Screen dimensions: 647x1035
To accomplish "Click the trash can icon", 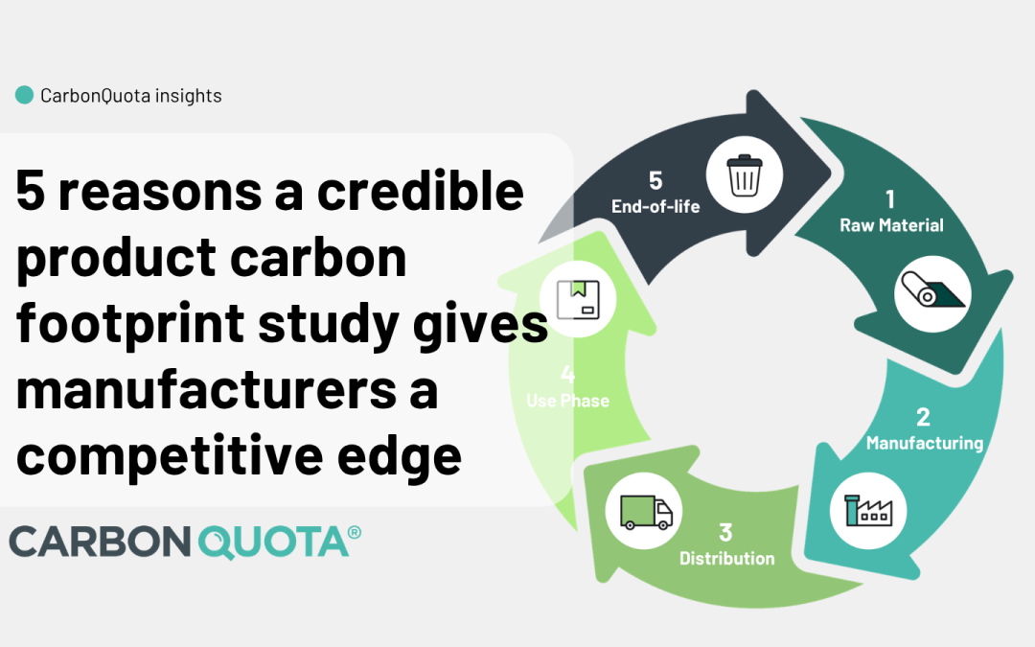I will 744,176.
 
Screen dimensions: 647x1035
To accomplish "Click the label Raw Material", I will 891,226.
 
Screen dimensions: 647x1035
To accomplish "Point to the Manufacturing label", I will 925,443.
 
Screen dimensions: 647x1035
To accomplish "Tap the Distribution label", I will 726,558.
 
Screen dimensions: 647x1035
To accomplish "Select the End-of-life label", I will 655,205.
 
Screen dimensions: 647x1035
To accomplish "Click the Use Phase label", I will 567,401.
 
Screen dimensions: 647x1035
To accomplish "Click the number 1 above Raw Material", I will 890,199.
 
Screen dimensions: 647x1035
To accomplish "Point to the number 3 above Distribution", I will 725,532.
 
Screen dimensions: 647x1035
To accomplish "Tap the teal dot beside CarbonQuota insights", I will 25,95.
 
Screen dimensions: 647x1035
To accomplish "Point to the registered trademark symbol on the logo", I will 354,533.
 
